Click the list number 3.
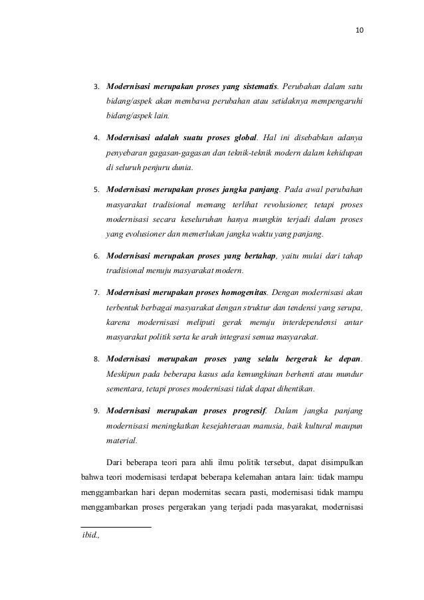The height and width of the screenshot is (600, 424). (x=96, y=86)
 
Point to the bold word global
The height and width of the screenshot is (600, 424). (x=240, y=138)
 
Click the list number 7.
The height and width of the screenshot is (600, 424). (x=96, y=292)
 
